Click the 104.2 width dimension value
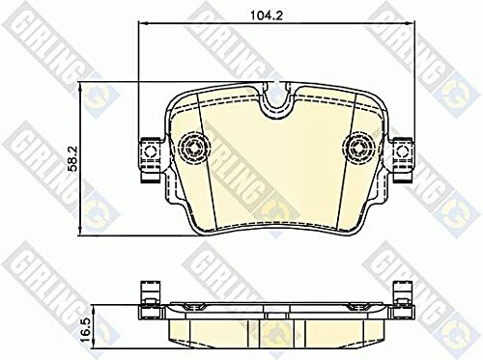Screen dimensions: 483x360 [267, 15]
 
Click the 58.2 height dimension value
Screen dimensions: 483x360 [72, 158]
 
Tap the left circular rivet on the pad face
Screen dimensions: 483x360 [194, 149]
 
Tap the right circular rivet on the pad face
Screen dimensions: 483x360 [358, 149]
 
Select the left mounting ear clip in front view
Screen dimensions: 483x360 [152, 159]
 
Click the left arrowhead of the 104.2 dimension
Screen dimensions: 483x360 [142, 23]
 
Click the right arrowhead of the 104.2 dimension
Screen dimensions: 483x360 [410, 23]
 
